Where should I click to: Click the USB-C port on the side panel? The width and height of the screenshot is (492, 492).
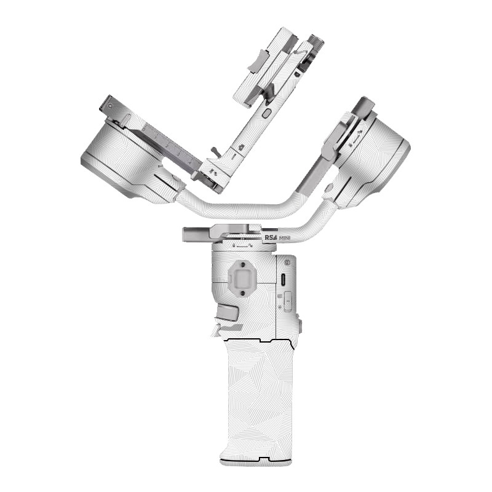pos(283,280)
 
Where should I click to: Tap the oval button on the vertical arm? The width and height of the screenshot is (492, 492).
pos(266,113)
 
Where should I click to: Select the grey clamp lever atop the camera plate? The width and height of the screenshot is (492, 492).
pos(256,60)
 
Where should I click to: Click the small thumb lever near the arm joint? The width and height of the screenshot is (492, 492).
pos(215,151)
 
